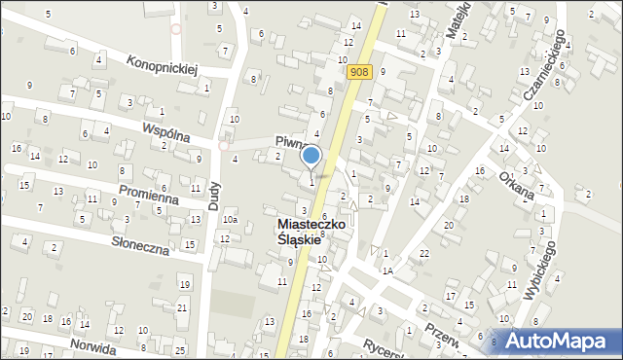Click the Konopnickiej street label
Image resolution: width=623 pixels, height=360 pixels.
(x=163, y=64)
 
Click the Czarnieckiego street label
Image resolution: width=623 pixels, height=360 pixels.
(x=544, y=64)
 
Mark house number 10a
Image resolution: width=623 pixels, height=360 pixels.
(x=228, y=221)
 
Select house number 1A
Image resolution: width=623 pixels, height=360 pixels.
(x=386, y=270)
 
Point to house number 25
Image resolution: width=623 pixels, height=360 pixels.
(x=180, y=349)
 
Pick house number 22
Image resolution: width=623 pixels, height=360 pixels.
(x=423, y=254)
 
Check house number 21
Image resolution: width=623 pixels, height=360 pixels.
(x=182, y=307)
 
